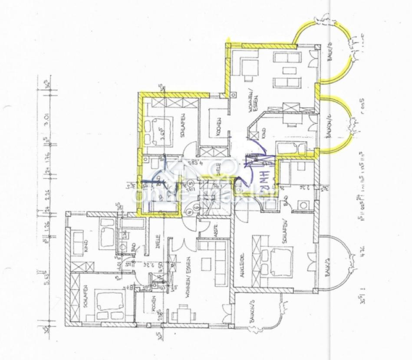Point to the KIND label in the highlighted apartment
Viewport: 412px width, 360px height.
[263, 130]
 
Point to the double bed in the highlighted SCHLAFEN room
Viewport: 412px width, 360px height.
[156, 131]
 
